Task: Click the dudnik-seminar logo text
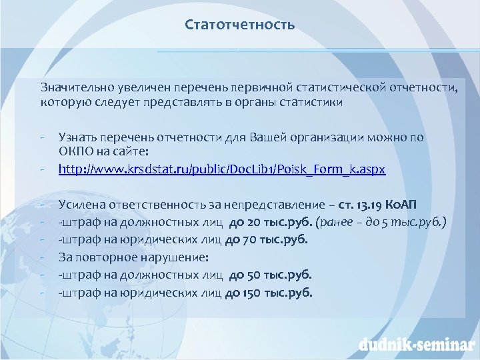413,344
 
